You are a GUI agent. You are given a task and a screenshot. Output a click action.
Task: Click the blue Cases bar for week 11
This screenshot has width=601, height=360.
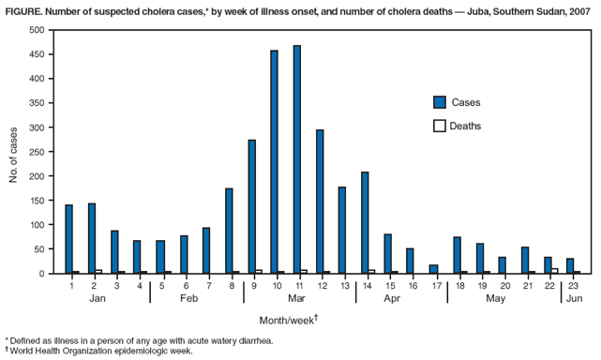pos(297,159)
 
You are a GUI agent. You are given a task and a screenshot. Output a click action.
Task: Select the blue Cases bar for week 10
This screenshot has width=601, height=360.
pos(274,162)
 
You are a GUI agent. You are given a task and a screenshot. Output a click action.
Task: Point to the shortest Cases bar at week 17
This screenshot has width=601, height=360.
pos(433,269)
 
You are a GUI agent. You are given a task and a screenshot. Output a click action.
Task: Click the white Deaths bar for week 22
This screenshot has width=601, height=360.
pos(555,271)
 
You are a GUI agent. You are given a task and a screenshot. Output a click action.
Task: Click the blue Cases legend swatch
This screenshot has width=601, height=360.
pos(439,102)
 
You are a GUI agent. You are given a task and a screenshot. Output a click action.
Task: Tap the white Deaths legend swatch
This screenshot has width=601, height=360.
pos(439,126)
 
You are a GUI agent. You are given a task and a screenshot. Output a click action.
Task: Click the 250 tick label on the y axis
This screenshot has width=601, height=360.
pos(37,152)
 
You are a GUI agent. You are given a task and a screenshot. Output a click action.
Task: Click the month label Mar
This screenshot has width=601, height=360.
pos(296,297)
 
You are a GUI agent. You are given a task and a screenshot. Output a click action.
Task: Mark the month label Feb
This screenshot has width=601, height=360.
pos(189,297)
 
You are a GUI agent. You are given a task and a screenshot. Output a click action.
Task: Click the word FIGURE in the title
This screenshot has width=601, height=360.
pos(23,9)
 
